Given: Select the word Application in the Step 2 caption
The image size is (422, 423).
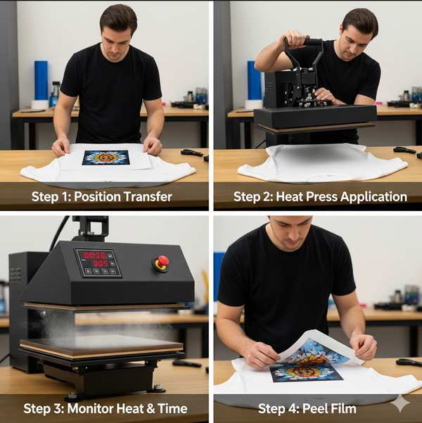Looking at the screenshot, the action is (x=373, y=197).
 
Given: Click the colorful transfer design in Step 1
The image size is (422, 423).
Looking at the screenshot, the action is (x=105, y=158).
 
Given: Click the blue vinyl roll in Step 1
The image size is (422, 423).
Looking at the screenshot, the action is (x=41, y=80).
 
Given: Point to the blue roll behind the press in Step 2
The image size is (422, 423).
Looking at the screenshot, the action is (x=255, y=80).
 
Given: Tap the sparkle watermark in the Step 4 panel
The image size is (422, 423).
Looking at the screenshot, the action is (x=400, y=403).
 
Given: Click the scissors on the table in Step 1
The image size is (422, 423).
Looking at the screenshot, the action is (x=192, y=153).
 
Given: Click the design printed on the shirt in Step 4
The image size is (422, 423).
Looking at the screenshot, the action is (x=307, y=372).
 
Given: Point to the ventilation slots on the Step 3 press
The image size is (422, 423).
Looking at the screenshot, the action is (x=15, y=274).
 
